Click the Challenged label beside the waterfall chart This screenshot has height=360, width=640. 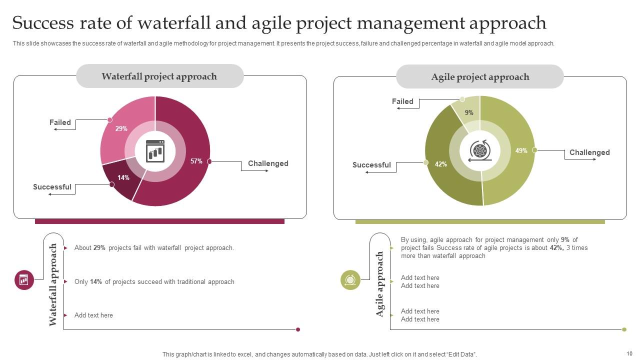(x=268, y=163)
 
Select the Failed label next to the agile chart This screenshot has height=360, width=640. (x=402, y=101)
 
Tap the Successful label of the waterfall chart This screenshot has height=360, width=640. (x=52, y=187)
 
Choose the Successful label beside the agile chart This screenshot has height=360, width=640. (x=371, y=165)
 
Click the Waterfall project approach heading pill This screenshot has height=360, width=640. (x=159, y=76)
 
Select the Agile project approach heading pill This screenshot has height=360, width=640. (x=480, y=77)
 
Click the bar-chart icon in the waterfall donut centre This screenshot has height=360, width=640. (x=155, y=151)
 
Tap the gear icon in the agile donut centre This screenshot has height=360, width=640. (x=479, y=150)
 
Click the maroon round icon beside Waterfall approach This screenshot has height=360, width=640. (x=24, y=280)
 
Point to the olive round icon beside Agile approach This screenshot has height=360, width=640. (x=350, y=280)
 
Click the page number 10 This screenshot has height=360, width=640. (x=629, y=353)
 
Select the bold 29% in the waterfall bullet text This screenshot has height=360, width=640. (x=99, y=248)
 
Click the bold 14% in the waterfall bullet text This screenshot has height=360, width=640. (x=96, y=282)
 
